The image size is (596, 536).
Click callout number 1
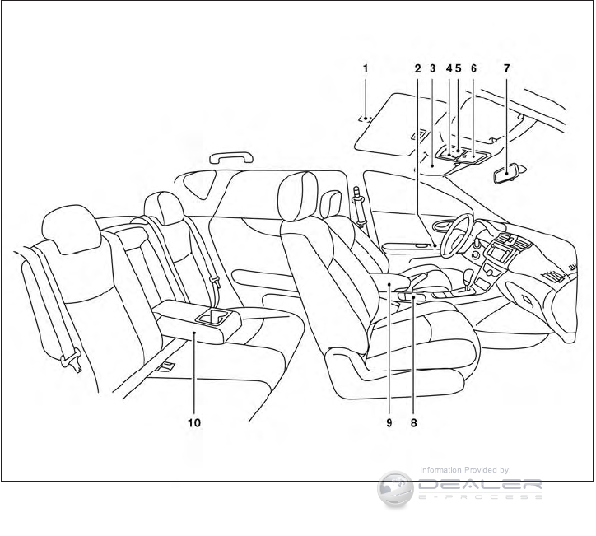365,69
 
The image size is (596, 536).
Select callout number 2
418,69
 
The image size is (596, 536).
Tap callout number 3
433,69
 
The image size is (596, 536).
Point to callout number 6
473,69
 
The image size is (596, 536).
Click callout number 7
505,69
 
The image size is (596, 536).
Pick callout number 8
413,422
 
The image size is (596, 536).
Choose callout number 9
388,422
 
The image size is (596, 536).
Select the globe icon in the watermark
394,489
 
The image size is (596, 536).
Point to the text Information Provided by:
465,470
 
